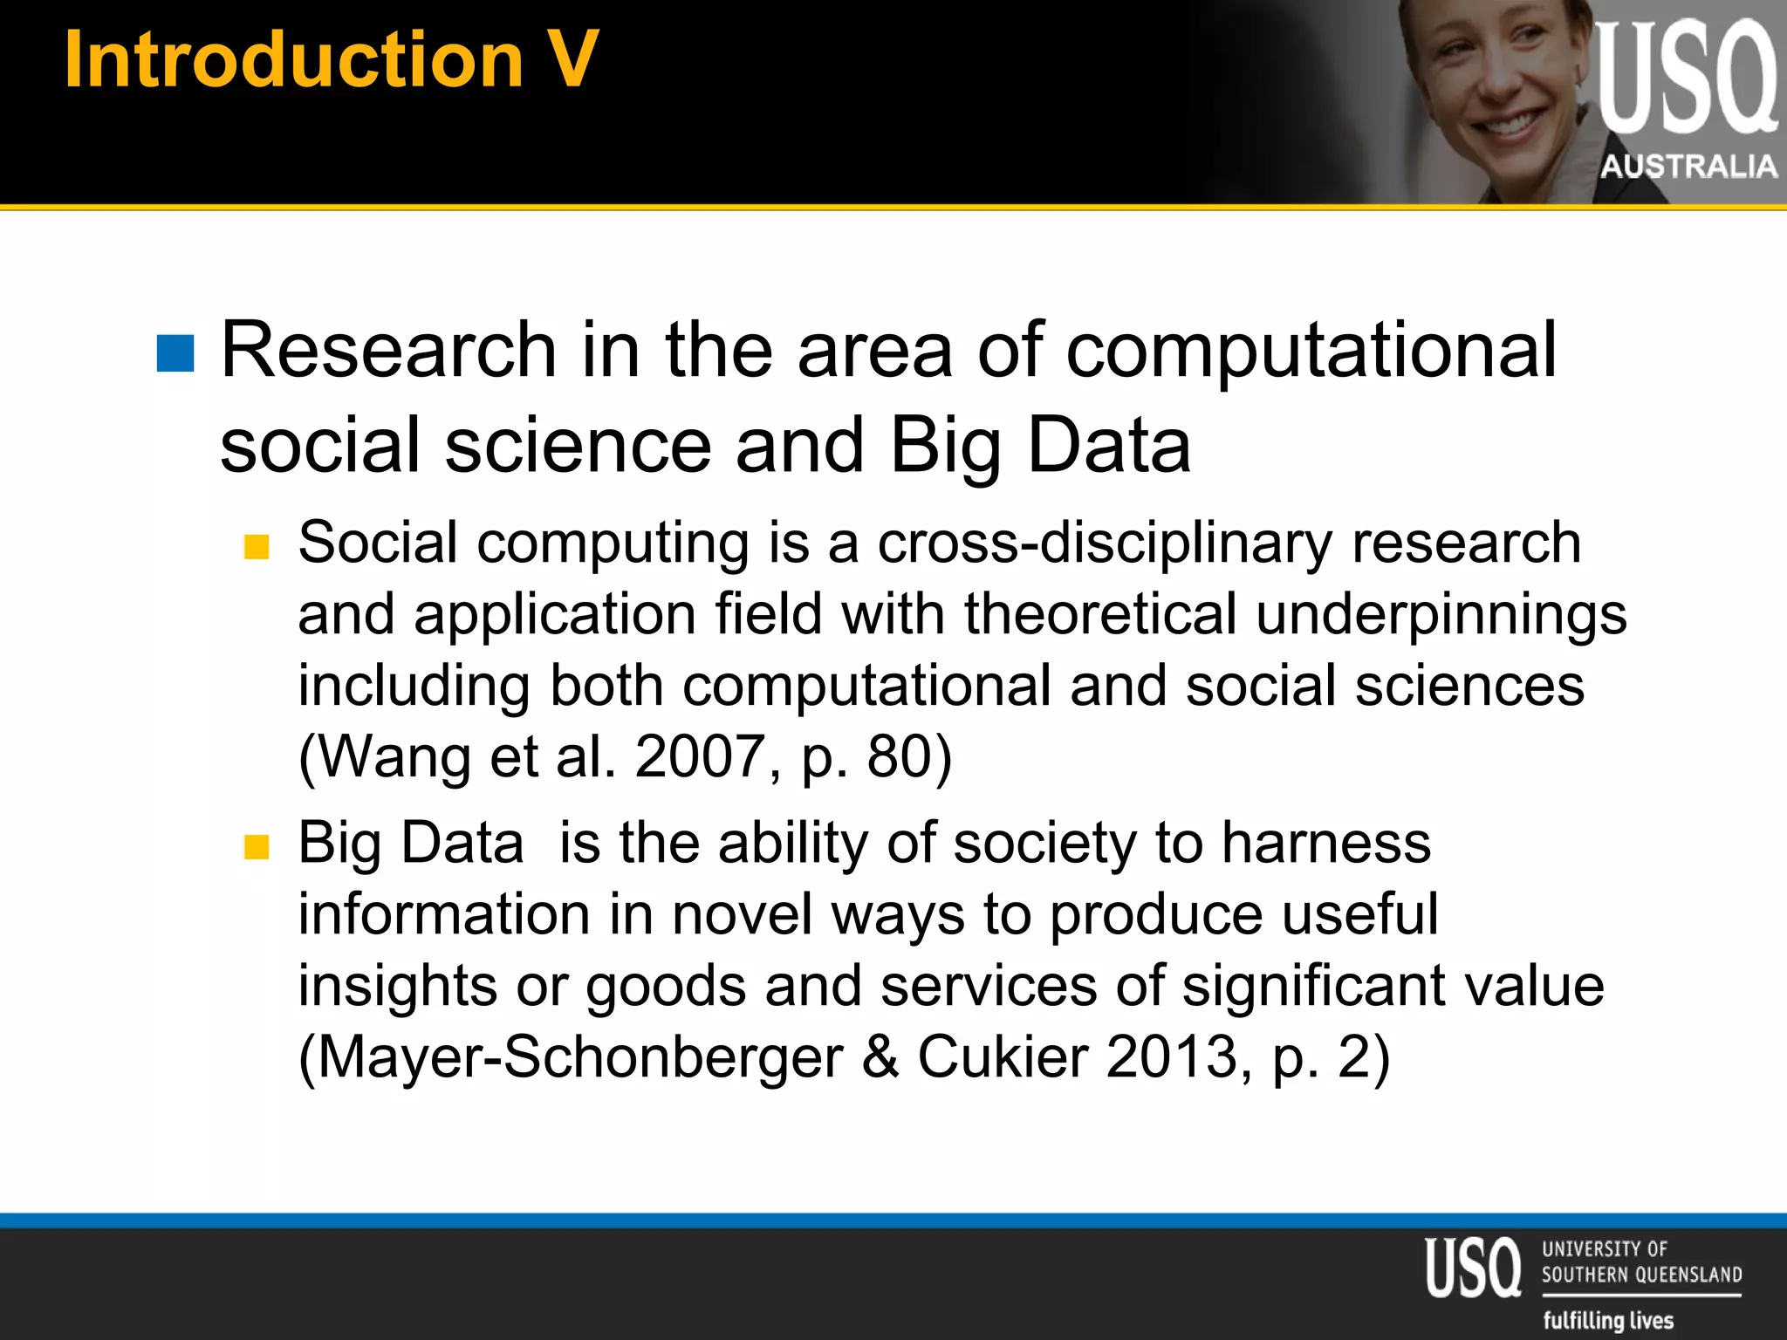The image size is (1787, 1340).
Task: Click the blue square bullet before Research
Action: pyautogui.click(x=175, y=353)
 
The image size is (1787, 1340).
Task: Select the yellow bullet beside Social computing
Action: pyautogui.click(x=257, y=547)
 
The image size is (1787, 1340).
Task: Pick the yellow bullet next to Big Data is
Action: pyautogui.click(x=257, y=846)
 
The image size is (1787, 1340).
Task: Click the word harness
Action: pyautogui.click(x=1325, y=844)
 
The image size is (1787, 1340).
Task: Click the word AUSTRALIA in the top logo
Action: pyautogui.click(x=1688, y=166)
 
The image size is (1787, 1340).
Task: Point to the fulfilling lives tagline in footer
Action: pyautogui.click(x=1608, y=1320)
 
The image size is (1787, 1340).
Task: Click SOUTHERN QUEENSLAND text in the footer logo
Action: pyautogui.click(x=1641, y=1275)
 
